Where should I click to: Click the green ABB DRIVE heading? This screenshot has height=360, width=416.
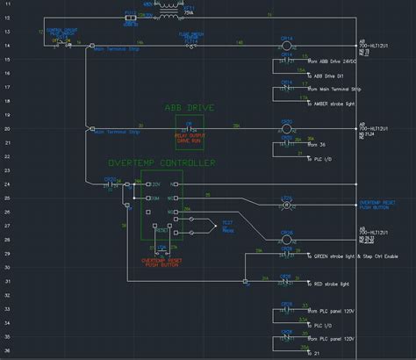(189, 108)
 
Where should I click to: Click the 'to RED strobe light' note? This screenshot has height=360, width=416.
(333, 284)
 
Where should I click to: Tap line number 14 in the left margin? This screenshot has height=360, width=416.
(7, 43)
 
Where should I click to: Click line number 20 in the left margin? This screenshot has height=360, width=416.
(7, 128)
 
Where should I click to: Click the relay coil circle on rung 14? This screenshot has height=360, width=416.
(286, 43)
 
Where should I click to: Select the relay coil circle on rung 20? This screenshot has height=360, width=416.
(286, 128)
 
